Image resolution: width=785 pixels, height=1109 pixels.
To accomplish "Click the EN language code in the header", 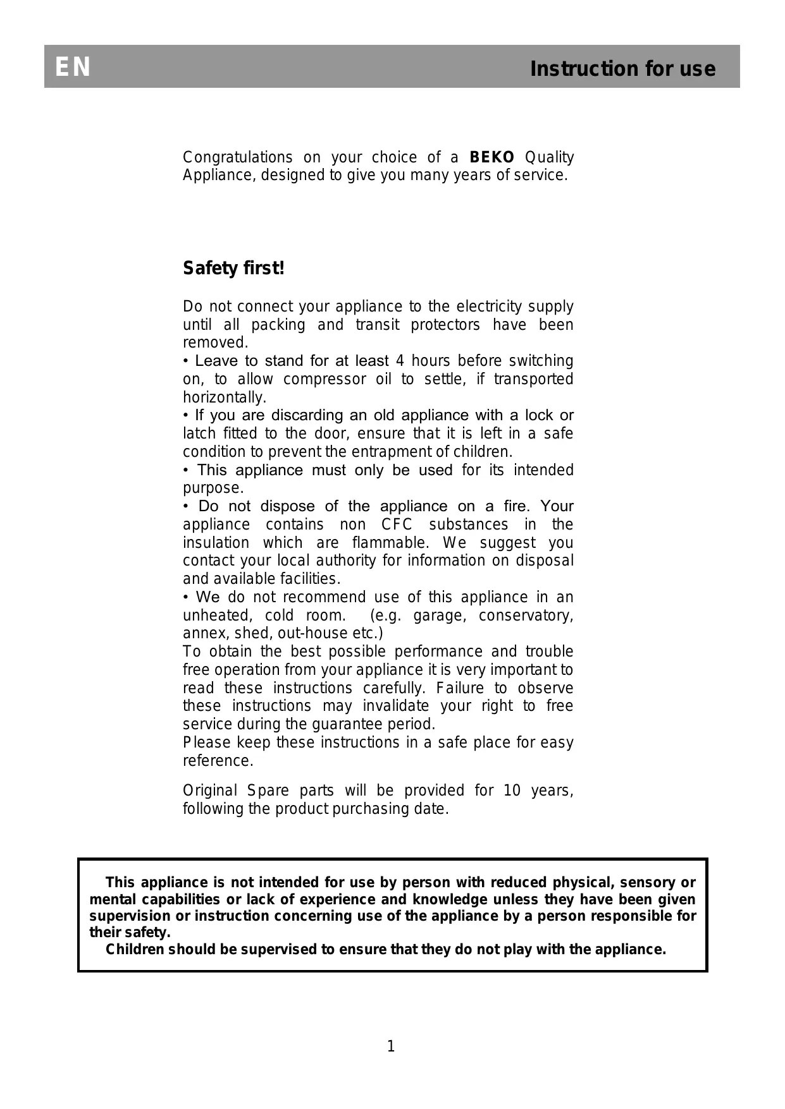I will pyautogui.click(x=73, y=68).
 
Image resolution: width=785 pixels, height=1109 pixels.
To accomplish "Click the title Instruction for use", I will pyautogui.click(x=622, y=68).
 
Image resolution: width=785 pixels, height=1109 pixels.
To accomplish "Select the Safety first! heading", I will pyautogui.click(x=233, y=269).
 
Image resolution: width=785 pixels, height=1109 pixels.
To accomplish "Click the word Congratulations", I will pyautogui.click(x=237, y=157).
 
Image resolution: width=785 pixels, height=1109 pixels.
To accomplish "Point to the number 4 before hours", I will pyautogui.click(x=400, y=361).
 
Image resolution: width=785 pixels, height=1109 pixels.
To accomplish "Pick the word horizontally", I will pyautogui.click(x=225, y=397).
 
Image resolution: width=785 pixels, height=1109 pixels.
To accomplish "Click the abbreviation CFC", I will pyautogui.click(x=397, y=524).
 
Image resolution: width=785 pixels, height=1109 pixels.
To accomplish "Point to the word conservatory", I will pyautogui.click(x=526, y=615).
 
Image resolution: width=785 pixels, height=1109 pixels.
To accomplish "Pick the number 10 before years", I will pyautogui.click(x=512, y=791).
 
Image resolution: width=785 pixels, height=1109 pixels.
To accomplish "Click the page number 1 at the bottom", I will pyautogui.click(x=391, y=1046).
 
